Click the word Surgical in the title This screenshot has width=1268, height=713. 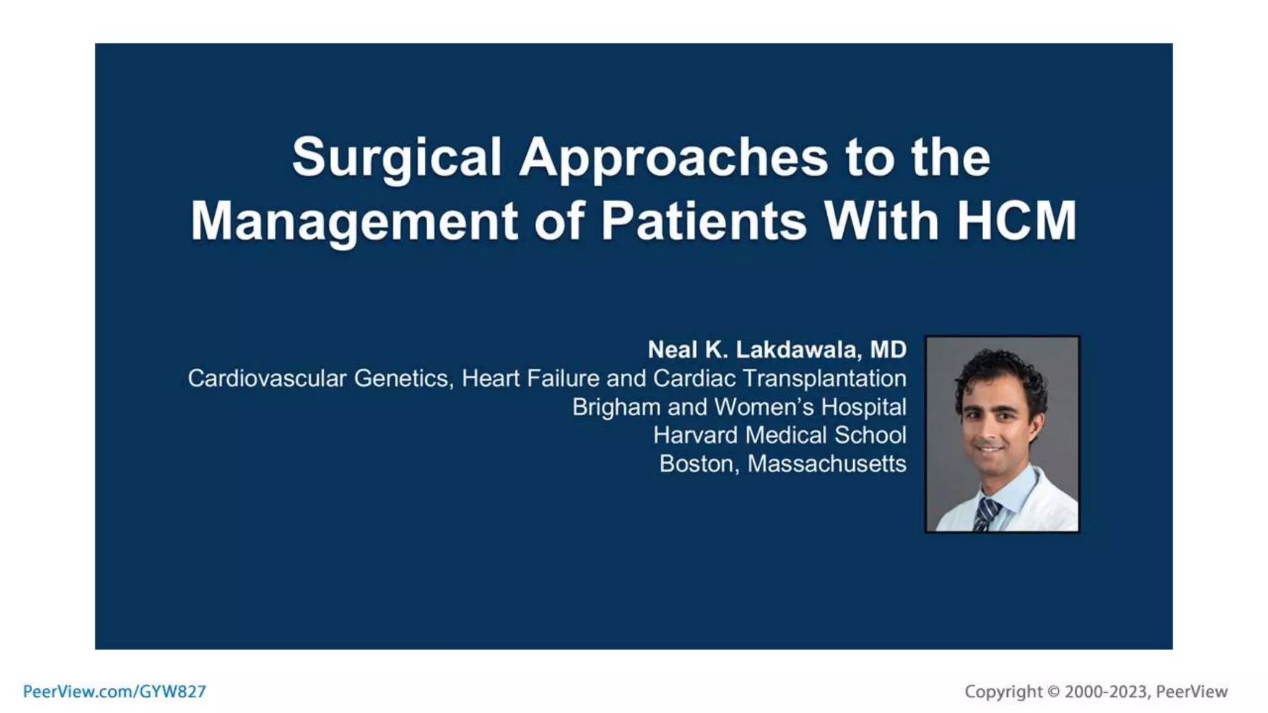[396, 157]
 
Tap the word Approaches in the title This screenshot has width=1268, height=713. [673, 157]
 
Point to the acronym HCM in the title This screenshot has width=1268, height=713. [1017, 221]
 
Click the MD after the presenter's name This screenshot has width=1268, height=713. [888, 350]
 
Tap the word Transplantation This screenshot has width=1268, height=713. [824, 378]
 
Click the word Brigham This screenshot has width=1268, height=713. [615, 407]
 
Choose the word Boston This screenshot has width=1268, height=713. [698, 464]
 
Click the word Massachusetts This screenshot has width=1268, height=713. [827, 464]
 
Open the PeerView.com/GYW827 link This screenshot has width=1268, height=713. [115, 691]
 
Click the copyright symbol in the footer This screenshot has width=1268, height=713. [1053, 691]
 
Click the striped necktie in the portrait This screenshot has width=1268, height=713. [986, 514]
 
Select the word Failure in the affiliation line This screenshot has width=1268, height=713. [563, 378]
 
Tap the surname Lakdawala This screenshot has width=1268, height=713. [797, 350]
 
